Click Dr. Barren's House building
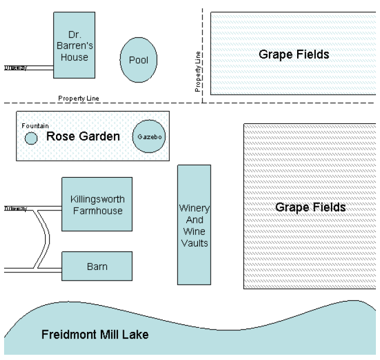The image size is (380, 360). click(74, 46)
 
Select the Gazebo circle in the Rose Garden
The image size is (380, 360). click(148, 136)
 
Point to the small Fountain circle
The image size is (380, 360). click(31, 139)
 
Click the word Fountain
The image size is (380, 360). click(35, 126)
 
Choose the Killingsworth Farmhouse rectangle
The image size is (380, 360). click(97, 205)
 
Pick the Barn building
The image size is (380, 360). click(97, 266)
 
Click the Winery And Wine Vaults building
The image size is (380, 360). click(194, 224)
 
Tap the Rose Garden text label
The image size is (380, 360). click(83, 137)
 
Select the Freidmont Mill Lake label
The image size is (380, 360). click(95, 335)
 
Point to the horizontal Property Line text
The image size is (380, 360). click(78, 98)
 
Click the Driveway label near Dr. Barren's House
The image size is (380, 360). click(16, 67)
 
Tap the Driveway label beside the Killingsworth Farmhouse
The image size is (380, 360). click(16, 208)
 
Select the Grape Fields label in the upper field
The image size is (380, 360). click(294, 55)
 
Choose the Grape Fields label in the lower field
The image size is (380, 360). click(310, 207)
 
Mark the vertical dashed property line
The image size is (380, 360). click(203, 35)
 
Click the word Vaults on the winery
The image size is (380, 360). click(194, 243)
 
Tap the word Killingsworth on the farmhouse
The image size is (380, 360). click(97, 199)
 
